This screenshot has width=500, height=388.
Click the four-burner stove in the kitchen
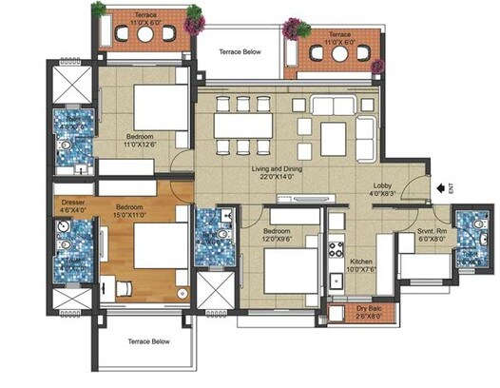[335, 250]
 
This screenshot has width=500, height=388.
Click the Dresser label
[74, 203]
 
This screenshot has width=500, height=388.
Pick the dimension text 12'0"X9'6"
[280, 240]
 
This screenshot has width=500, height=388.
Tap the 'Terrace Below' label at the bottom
[146, 340]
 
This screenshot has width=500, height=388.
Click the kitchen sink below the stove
[335, 281]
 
